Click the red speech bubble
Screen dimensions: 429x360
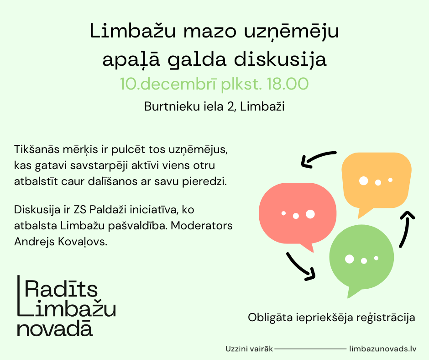point(298,214)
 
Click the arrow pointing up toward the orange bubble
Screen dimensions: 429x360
point(406,228)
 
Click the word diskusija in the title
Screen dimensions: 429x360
point(280,59)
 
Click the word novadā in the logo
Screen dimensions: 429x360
point(55,328)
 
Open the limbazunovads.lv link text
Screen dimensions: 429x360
point(383,349)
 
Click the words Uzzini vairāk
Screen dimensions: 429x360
point(249,349)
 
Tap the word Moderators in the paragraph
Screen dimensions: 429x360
point(202,226)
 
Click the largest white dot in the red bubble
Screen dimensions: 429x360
point(310,214)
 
